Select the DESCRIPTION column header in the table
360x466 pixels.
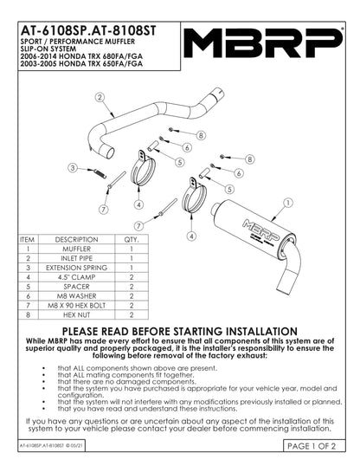click(76, 239)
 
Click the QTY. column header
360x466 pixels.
click(132, 239)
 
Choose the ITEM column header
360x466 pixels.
click(27, 239)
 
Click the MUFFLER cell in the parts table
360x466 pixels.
click(76, 249)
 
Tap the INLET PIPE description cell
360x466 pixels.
click(76, 258)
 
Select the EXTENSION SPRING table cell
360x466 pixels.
click(76, 268)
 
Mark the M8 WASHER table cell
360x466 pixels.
click(76, 296)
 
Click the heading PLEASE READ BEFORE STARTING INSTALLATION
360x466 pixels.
click(179, 332)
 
